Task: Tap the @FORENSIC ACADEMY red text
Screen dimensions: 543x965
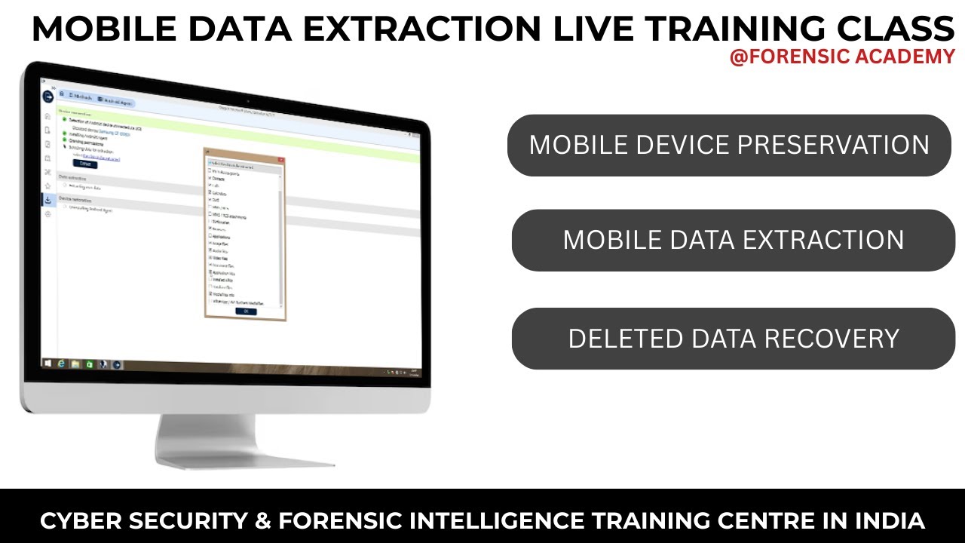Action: click(x=842, y=57)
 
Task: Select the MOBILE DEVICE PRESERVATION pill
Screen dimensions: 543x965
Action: click(x=729, y=145)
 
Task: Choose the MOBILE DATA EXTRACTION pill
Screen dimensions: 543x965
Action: click(x=733, y=240)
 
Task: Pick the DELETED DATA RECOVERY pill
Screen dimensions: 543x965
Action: click(x=733, y=339)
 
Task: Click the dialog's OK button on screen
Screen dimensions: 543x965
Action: click(x=246, y=311)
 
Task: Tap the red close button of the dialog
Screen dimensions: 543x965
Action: click(x=280, y=159)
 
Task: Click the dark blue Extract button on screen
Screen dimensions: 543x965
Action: click(x=85, y=163)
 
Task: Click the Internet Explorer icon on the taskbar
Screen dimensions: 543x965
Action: click(x=62, y=364)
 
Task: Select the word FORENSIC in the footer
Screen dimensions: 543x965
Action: click(x=346, y=520)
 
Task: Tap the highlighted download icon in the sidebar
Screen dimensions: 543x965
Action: click(x=48, y=200)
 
